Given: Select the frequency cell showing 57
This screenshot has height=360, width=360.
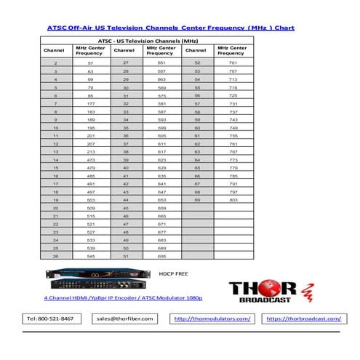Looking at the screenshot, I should (x=89, y=63).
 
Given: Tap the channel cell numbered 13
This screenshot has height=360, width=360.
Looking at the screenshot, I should (x=56, y=153).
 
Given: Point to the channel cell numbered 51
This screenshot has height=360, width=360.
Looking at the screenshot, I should (x=125, y=256).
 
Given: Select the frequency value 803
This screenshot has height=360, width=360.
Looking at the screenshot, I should (x=233, y=199).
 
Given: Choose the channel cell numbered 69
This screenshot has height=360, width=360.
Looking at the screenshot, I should (x=196, y=199).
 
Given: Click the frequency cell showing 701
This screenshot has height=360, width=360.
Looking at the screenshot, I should (x=233, y=63).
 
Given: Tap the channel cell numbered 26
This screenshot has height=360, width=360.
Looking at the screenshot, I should (x=56, y=256).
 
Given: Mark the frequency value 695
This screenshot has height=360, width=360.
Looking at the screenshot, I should (x=161, y=256).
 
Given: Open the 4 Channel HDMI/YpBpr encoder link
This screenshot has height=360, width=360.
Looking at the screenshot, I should (x=123, y=298).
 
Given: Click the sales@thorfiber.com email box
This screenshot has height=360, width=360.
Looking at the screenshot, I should (x=122, y=319).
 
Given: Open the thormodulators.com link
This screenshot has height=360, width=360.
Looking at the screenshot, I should (x=212, y=319).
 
